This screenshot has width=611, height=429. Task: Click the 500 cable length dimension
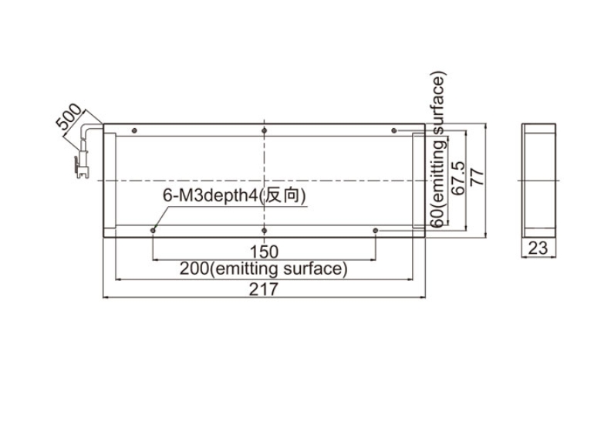69,116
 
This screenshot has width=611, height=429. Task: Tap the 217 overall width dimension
264,289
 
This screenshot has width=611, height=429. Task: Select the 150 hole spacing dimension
264,252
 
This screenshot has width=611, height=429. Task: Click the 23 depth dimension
538,248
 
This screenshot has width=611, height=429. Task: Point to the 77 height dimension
478,177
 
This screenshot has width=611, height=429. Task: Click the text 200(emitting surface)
263,269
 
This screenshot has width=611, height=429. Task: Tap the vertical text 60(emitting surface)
438,150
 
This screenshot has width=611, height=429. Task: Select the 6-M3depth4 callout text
235,195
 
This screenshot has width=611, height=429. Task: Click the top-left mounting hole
134,130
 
